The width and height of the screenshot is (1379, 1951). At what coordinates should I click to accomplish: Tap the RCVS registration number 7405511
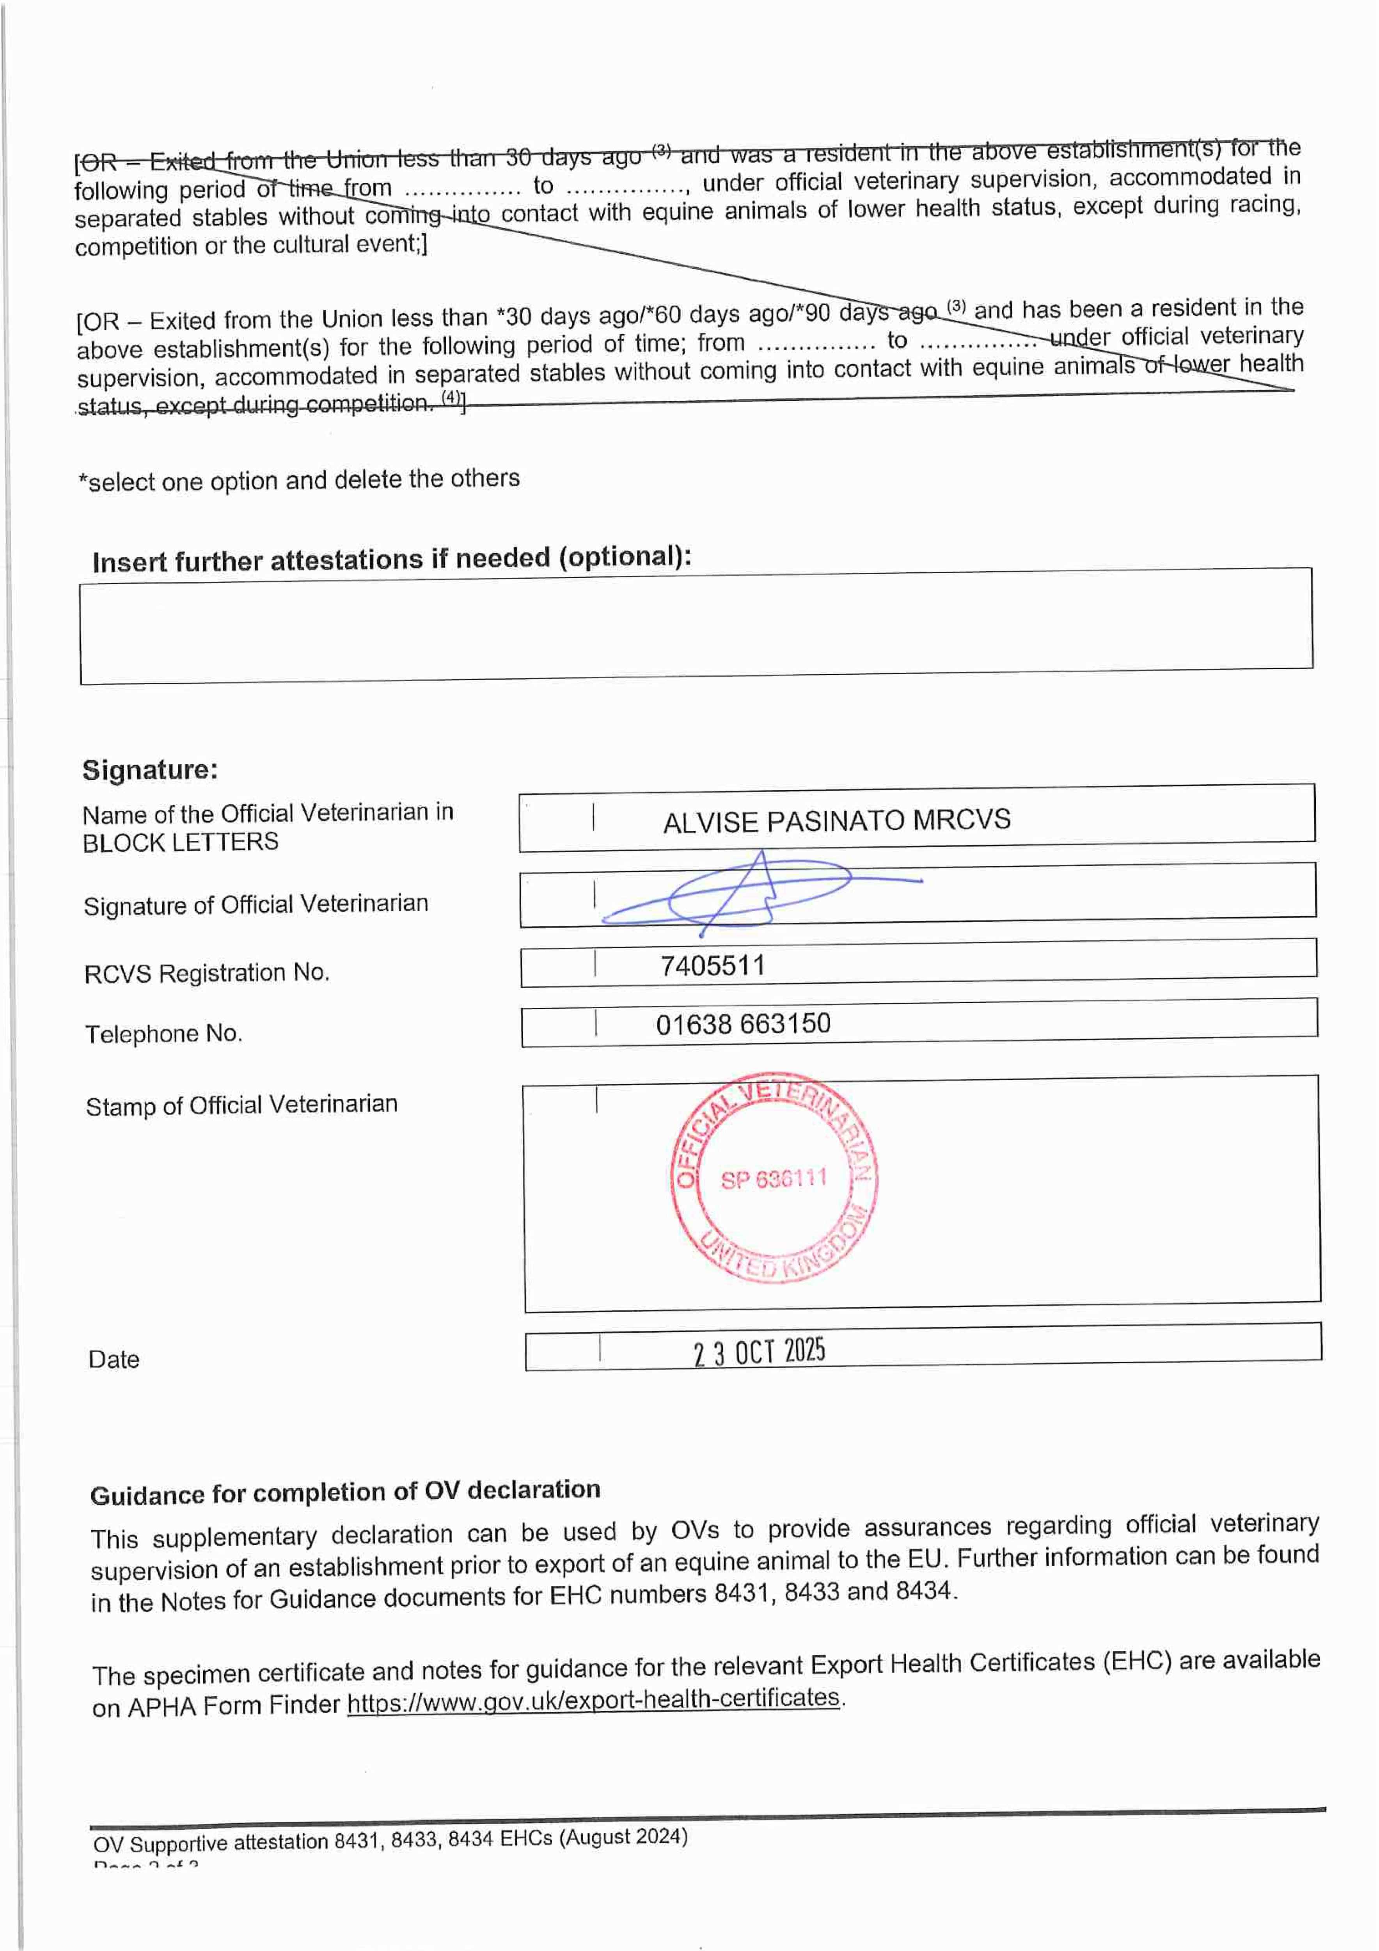pos(712,965)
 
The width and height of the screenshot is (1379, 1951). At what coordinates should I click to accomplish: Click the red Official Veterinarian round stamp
pos(774,1177)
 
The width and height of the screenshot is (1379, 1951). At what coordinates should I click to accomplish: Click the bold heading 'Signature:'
pos(149,770)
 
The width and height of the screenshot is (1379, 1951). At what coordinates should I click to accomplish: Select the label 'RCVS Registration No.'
pos(206,973)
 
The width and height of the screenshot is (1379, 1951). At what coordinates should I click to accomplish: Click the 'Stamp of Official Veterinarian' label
pos(241,1105)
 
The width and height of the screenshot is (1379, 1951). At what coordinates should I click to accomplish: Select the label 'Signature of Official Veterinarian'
pos(256,904)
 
